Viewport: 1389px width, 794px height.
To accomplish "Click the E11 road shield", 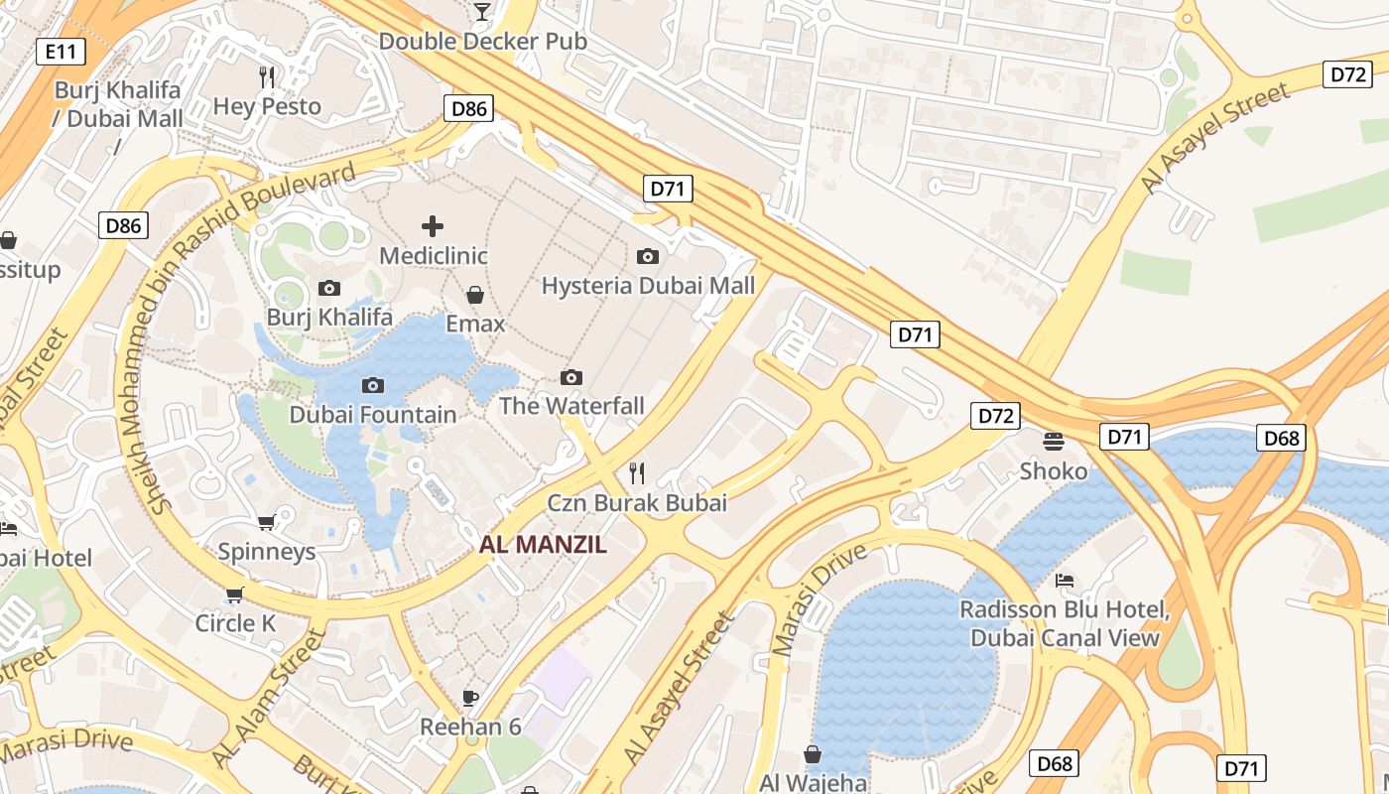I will pyautogui.click(x=60, y=52).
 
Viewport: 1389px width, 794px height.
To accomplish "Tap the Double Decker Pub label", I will pyautogui.click(x=483, y=42).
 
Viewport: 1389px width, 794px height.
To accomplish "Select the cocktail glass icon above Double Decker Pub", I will pyautogui.click(x=482, y=12).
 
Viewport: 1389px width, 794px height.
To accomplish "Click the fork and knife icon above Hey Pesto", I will pyautogui.click(x=266, y=76).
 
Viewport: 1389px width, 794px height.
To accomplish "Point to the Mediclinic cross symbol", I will pyautogui.click(x=433, y=226).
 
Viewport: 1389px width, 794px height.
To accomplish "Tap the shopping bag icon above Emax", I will pyautogui.click(x=475, y=295).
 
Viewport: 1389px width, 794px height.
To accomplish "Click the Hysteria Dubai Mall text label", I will pyautogui.click(x=648, y=286).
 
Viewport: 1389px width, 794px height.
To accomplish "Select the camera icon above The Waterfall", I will pyautogui.click(x=571, y=377).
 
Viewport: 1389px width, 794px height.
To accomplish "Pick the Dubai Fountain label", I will pyautogui.click(x=373, y=415).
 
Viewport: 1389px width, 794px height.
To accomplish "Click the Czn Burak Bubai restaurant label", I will pyautogui.click(x=637, y=503).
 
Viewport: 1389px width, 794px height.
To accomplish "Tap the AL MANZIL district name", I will pyautogui.click(x=543, y=545).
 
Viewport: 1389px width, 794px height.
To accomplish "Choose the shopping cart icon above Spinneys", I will pyautogui.click(x=266, y=522).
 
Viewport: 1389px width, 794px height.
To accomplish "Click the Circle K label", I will pyautogui.click(x=235, y=623).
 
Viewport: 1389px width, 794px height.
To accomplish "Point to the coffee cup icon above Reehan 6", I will pyautogui.click(x=470, y=698).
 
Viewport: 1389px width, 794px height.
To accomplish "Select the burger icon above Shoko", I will pyautogui.click(x=1054, y=441).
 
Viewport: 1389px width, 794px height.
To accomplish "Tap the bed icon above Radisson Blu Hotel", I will pyautogui.click(x=1065, y=580).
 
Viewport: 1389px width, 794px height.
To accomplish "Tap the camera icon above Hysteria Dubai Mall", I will pyautogui.click(x=648, y=257).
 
